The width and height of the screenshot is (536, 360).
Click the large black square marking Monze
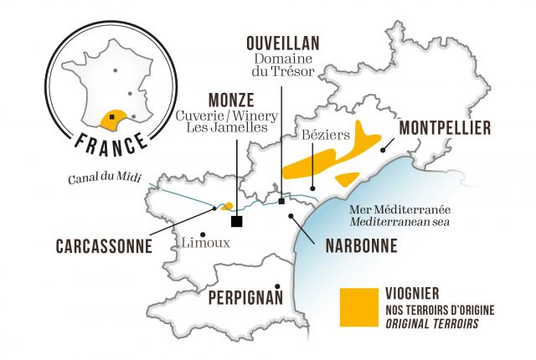pyautogui.click(x=237, y=221)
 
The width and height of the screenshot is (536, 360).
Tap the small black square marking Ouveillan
pyautogui.click(x=282, y=201)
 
